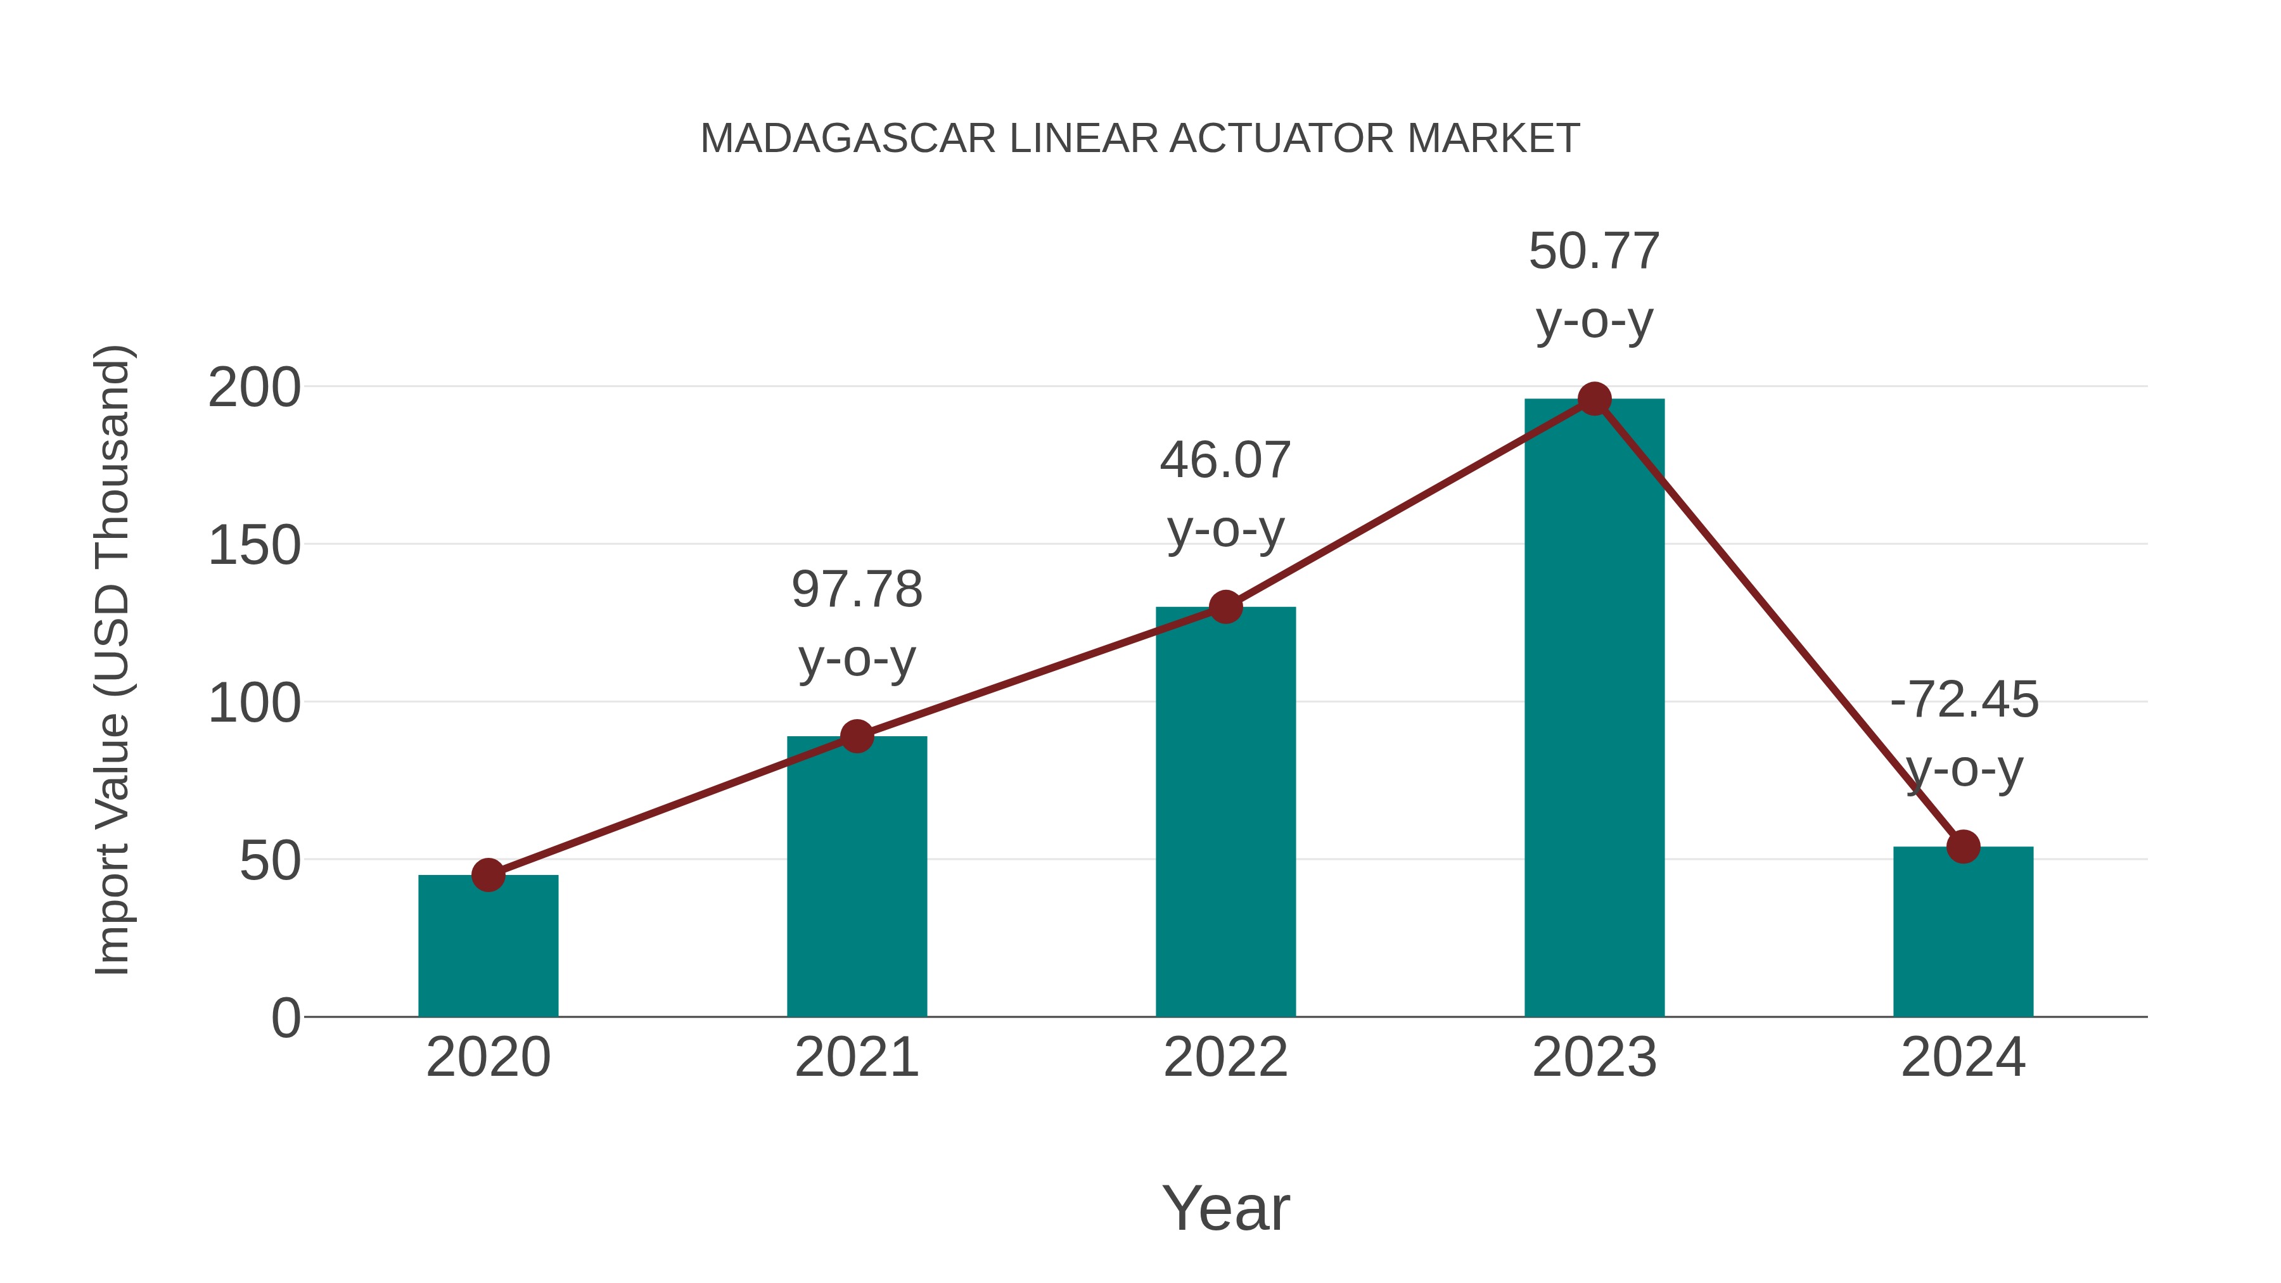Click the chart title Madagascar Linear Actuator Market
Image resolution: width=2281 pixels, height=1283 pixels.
click(1140, 139)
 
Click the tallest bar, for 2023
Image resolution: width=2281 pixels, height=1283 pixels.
click(1594, 708)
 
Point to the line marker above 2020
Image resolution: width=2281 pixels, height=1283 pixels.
click(488, 875)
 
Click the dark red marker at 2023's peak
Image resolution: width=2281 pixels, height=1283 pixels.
click(1594, 399)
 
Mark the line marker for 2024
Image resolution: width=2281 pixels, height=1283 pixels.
click(1963, 846)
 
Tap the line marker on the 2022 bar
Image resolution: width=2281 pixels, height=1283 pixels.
click(1225, 608)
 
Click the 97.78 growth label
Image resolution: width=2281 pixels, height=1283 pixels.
click(856, 590)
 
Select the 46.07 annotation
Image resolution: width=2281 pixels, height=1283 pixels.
click(1225, 461)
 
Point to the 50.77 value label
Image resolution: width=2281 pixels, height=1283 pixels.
click(1594, 252)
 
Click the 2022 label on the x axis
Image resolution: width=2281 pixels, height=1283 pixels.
click(1225, 1057)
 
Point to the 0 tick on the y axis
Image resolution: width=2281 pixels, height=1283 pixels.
click(286, 1018)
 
